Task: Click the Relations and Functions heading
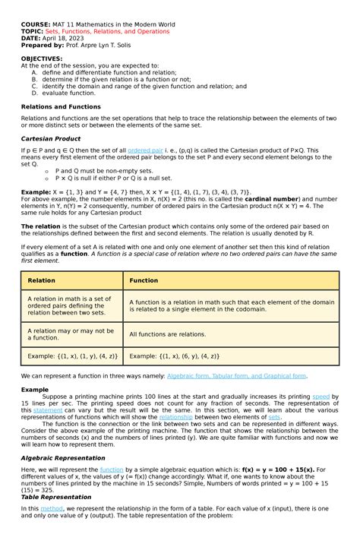point(61,107)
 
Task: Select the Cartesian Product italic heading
point(50,139)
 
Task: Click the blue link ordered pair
point(145,151)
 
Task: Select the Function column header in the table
point(144,280)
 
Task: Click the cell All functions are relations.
point(167,334)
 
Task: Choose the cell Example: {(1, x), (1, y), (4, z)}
point(72,356)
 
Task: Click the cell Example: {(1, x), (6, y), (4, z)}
point(174,356)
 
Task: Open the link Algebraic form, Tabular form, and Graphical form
point(236,375)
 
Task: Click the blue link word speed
point(321,397)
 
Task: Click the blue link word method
point(52,508)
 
